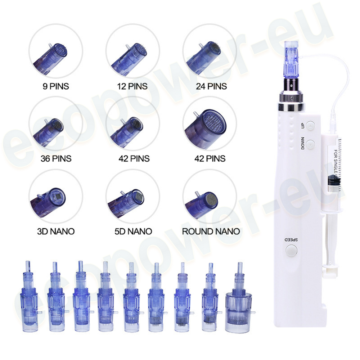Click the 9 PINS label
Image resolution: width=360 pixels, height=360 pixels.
(56, 86)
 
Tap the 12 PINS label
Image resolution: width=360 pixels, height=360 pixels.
(132, 86)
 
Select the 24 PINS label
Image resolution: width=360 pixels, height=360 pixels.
(211, 86)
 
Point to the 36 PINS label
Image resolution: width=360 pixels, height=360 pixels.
(56, 158)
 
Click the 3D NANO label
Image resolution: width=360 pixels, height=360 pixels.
(56, 231)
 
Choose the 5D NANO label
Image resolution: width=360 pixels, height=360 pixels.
(133, 231)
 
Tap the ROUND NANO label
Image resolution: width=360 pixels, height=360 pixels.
(211, 231)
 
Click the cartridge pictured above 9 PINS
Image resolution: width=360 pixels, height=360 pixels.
(50, 58)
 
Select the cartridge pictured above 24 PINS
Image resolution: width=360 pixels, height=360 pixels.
(203, 57)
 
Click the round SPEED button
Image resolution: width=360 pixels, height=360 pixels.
(291, 250)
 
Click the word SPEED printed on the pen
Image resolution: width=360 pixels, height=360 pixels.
(291, 240)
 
